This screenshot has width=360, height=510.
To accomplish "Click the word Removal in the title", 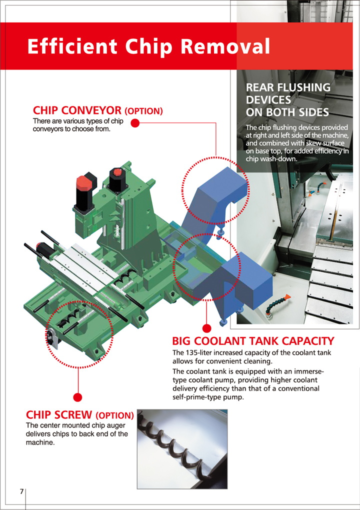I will (x=228, y=46).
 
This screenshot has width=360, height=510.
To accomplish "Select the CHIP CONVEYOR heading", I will (x=77, y=110).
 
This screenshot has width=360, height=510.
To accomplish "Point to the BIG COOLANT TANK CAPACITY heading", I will (x=253, y=341).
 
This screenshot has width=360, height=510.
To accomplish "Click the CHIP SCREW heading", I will (x=58, y=415).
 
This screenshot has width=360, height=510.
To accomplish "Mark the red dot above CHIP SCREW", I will (x=77, y=397).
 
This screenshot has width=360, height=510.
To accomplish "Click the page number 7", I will (x=21, y=491).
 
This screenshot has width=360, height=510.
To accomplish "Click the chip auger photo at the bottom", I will (x=182, y=448).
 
